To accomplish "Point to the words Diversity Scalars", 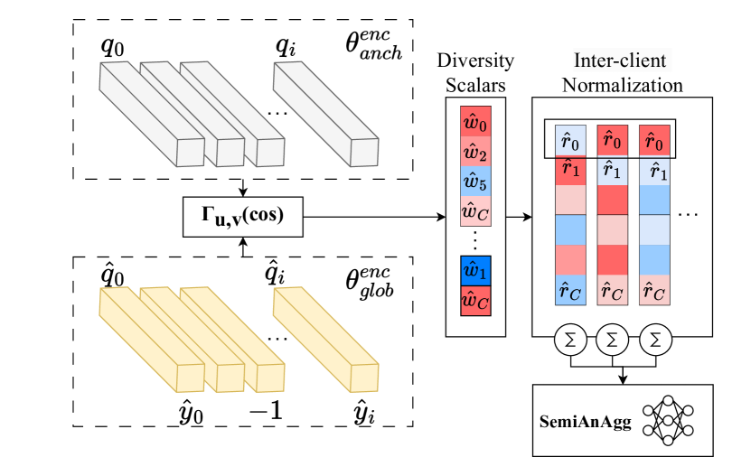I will click(x=475, y=73).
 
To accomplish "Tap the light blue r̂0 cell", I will click(x=569, y=140).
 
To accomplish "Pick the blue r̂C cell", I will click(x=569, y=290).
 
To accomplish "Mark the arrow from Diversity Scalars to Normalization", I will click(x=518, y=217).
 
